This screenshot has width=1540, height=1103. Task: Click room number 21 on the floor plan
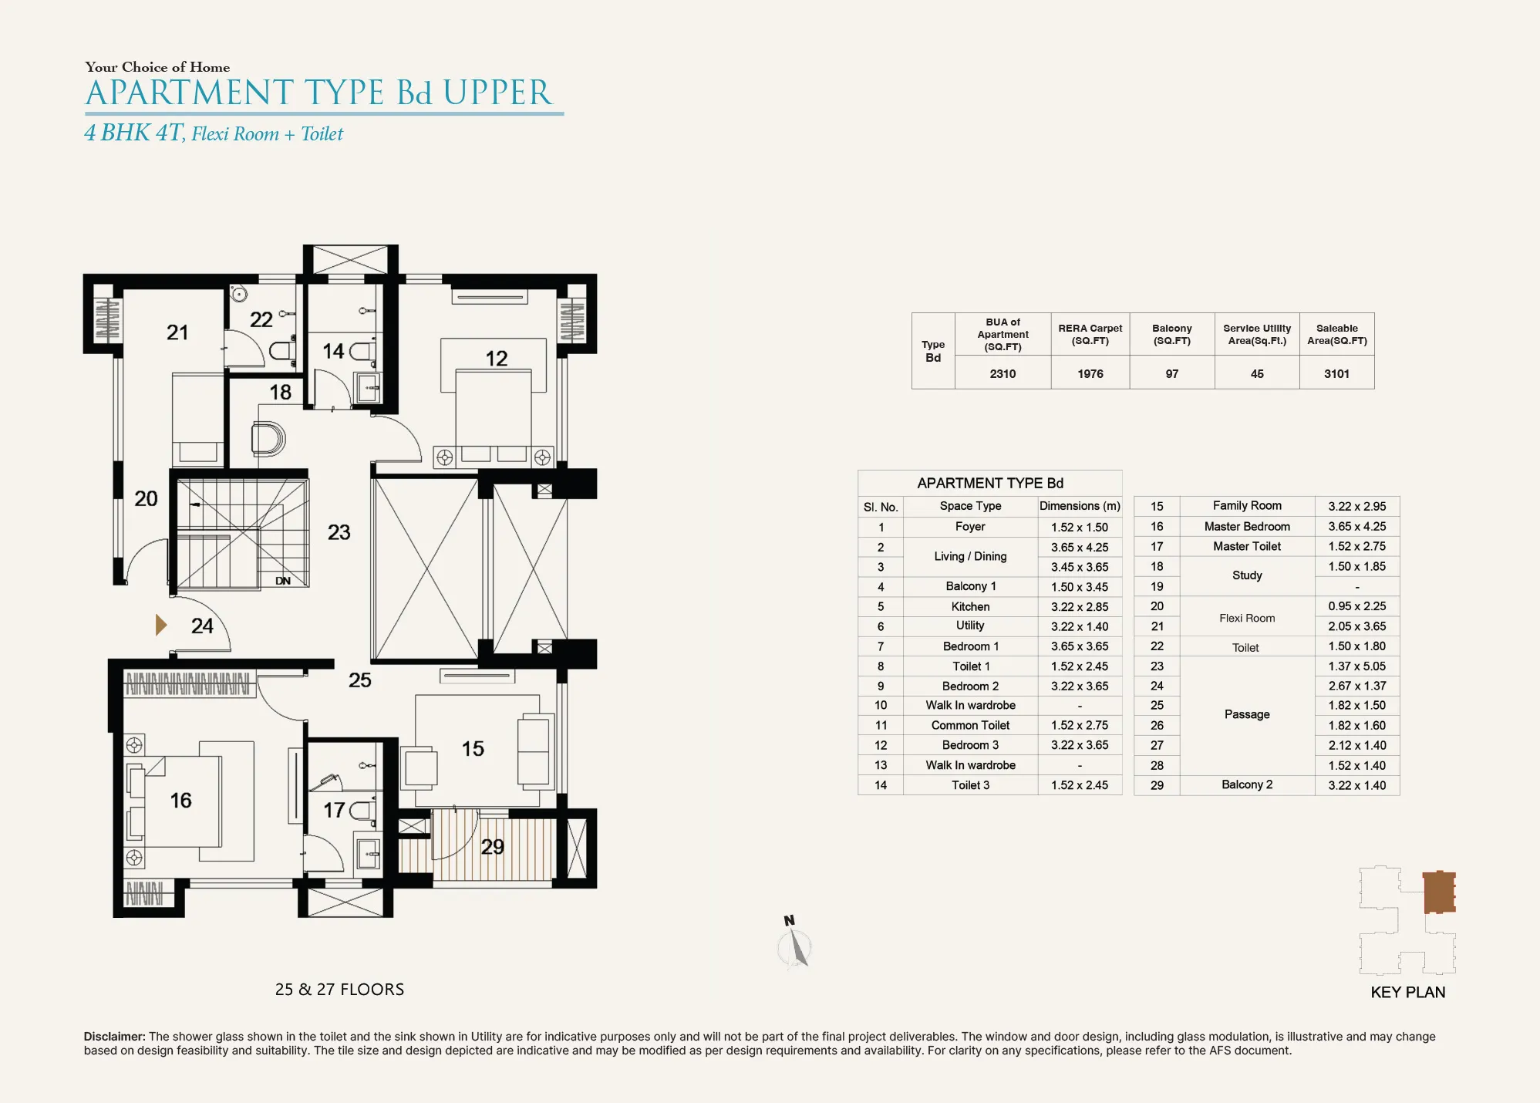click(x=177, y=332)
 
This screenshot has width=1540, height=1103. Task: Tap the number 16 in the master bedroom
click(x=180, y=801)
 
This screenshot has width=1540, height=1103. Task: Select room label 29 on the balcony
click(x=492, y=847)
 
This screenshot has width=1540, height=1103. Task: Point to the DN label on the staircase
click(x=283, y=581)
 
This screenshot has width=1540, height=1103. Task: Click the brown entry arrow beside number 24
click(x=160, y=625)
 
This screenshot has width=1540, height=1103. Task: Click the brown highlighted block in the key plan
click(x=1439, y=892)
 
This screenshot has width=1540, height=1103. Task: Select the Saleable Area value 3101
click(x=1336, y=374)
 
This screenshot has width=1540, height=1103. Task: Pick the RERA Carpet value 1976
click(x=1090, y=374)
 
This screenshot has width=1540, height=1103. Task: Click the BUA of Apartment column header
click(x=1003, y=335)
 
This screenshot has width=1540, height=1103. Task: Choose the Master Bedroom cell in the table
click(x=1247, y=527)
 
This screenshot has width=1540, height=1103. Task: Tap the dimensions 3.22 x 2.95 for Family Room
click(x=1356, y=507)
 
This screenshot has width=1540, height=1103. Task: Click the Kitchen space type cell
click(x=970, y=607)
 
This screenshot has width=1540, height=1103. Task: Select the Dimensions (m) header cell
click(x=1080, y=506)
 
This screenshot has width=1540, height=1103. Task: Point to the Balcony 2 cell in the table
click(x=1247, y=784)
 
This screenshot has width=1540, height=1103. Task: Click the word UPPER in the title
click(x=497, y=93)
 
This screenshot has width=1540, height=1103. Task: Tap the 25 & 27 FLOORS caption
click(x=339, y=990)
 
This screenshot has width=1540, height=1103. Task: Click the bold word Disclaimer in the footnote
click(x=115, y=1037)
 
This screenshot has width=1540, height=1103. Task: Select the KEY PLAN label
click(x=1407, y=993)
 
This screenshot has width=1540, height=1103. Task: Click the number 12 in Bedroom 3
click(x=496, y=359)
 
